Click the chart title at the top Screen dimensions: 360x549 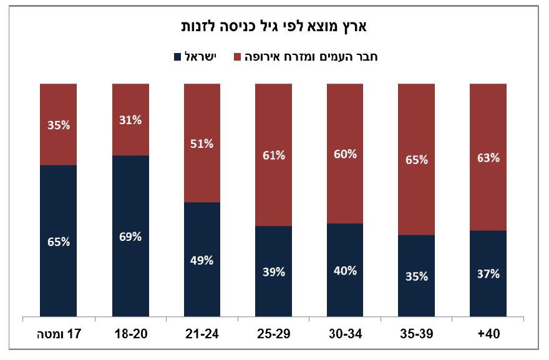[274, 27]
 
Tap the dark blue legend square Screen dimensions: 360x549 [177, 57]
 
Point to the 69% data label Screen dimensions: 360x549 [130, 236]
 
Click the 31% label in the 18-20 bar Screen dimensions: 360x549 [130, 120]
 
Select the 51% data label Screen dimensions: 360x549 [202, 144]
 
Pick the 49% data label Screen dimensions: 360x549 [202, 260]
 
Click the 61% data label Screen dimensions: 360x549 [274, 155]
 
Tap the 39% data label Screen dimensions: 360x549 [274, 271]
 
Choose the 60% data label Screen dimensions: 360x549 [345, 154]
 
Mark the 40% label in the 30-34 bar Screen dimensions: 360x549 [345, 270]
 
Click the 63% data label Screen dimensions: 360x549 [488, 158]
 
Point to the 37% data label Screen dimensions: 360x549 [488, 274]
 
